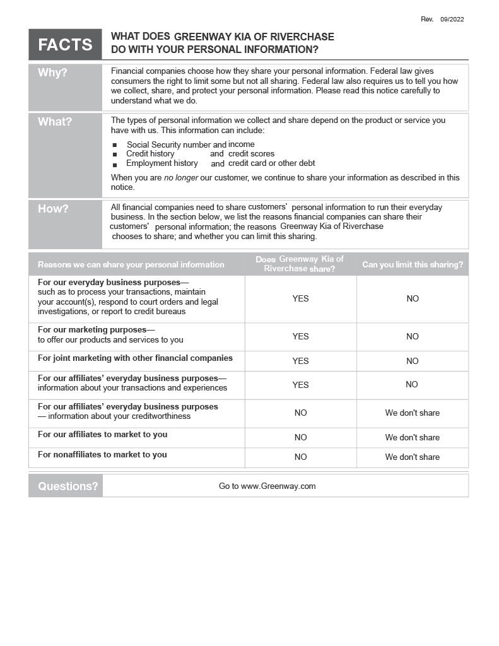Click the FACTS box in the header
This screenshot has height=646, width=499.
click(x=65, y=45)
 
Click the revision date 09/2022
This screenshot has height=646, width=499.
click(x=452, y=20)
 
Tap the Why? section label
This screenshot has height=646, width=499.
click(x=52, y=73)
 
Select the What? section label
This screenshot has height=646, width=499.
click(x=55, y=122)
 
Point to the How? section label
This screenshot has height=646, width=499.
click(x=53, y=209)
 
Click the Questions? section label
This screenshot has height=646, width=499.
click(x=68, y=486)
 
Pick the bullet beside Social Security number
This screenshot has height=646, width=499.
click(x=115, y=146)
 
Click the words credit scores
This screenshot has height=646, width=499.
click(x=251, y=154)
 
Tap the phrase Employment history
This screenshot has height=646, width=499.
click(x=162, y=163)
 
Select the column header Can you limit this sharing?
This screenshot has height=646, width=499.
click(x=412, y=265)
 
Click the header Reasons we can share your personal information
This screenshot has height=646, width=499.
click(x=131, y=265)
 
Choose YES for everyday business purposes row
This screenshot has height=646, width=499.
click(x=300, y=299)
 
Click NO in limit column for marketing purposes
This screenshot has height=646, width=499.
click(x=412, y=337)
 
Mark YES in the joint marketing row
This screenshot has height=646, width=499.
click(x=300, y=361)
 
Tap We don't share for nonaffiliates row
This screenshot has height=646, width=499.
click(x=412, y=457)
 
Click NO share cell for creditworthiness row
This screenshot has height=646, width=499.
click(x=300, y=413)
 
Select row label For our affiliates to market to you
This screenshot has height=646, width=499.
click(x=102, y=435)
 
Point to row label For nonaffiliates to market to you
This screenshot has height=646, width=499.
click(x=102, y=455)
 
